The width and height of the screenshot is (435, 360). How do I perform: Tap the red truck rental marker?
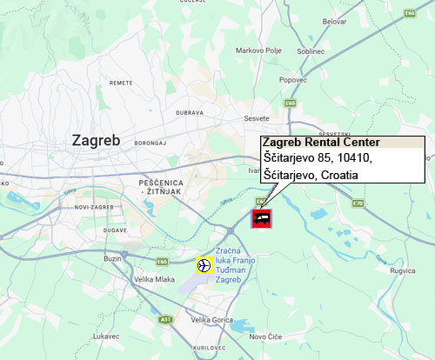(262, 218)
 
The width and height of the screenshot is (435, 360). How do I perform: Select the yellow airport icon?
(204, 265)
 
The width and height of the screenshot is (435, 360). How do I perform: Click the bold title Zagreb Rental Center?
(320, 143)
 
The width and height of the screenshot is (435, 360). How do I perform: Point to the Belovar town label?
(334, 20)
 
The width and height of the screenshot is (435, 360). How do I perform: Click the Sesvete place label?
(257, 117)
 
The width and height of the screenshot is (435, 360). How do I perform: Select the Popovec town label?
(293, 79)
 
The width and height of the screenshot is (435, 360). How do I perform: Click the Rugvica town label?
(402, 270)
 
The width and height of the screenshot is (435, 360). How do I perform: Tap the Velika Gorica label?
(212, 320)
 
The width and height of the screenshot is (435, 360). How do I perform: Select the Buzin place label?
(113, 258)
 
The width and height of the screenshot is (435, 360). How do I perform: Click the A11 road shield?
(164, 320)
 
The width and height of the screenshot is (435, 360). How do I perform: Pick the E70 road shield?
(358, 203)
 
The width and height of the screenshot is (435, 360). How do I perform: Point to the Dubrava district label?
(189, 112)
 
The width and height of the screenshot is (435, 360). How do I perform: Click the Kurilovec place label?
(210, 347)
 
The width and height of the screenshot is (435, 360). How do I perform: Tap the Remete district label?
(121, 83)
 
